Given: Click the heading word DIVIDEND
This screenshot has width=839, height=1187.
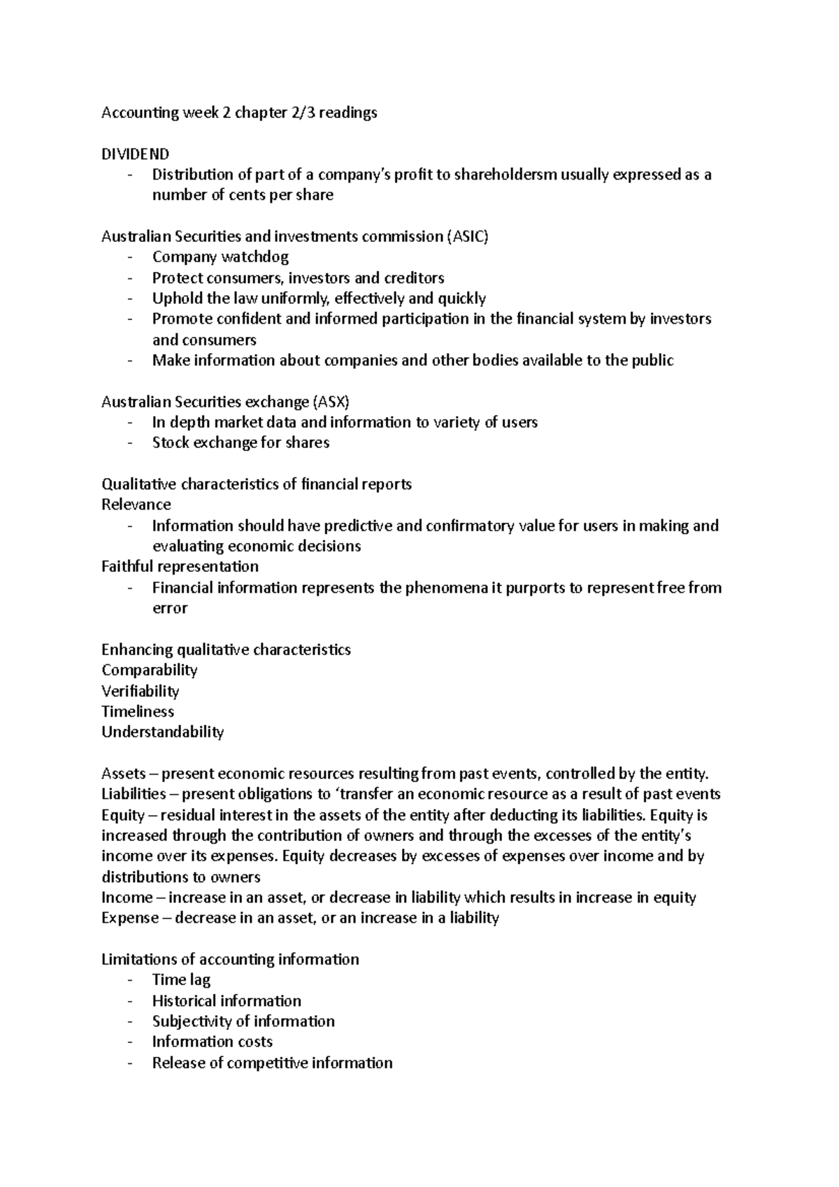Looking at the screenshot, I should click(135, 154).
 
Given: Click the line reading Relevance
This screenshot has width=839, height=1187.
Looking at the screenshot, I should click(136, 505).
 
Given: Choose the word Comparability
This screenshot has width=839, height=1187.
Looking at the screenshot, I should click(149, 670).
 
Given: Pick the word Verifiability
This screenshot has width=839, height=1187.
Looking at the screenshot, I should click(140, 691).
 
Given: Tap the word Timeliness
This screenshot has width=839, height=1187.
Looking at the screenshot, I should click(138, 712).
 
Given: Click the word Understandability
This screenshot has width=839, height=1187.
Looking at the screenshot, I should click(162, 732).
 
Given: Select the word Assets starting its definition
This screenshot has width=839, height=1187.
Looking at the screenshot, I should click(123, 773).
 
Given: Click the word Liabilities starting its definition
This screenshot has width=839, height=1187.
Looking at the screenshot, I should click(134, 794).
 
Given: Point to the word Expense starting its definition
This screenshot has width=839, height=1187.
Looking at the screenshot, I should click(130, 918).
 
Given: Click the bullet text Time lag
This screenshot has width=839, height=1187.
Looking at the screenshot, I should click(181, 980).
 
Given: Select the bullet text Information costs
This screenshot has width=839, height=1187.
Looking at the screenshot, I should click(212, 1042).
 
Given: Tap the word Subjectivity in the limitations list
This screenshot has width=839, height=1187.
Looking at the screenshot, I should click(192, 1021).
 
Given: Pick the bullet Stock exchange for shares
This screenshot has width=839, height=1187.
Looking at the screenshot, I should click(241, 443).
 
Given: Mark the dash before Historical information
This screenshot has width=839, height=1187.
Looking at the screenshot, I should click(130, 1001).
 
